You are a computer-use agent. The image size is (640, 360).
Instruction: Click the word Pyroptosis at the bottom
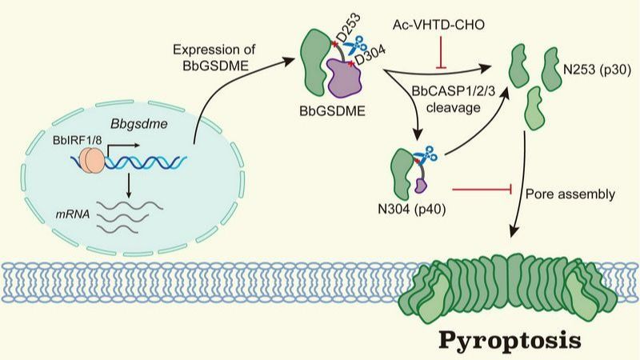point(509,341)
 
